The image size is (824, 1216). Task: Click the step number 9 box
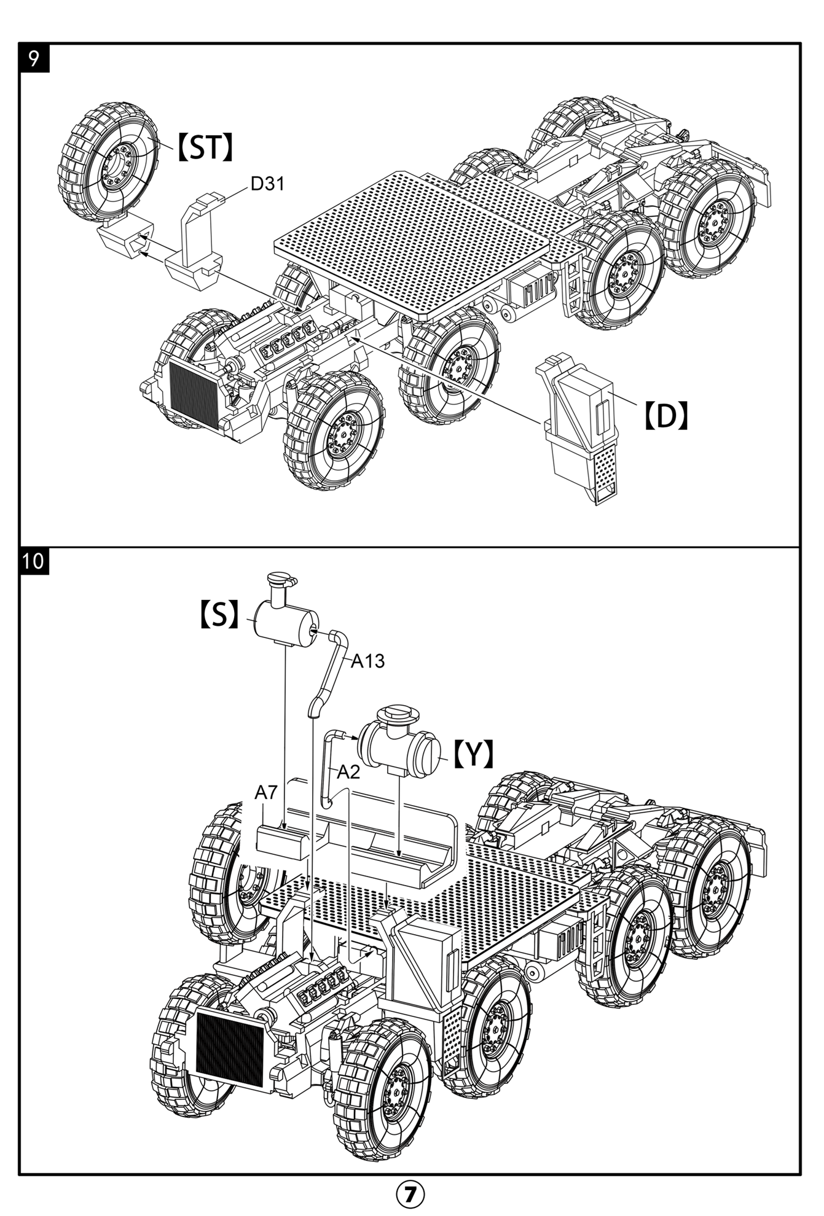click(34, 58)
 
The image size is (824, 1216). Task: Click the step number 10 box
click(34, 561)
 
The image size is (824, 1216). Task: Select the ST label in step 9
click(205, 148)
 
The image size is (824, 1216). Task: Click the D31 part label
click(267, 184)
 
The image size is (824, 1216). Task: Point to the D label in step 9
click(665, 416)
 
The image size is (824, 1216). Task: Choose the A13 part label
click(367, 661)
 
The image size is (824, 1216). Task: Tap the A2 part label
click(348, 772)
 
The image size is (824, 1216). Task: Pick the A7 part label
click(266, 793)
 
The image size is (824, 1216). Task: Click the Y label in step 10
click(474, 754)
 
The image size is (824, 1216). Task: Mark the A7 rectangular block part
click(282, 841)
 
